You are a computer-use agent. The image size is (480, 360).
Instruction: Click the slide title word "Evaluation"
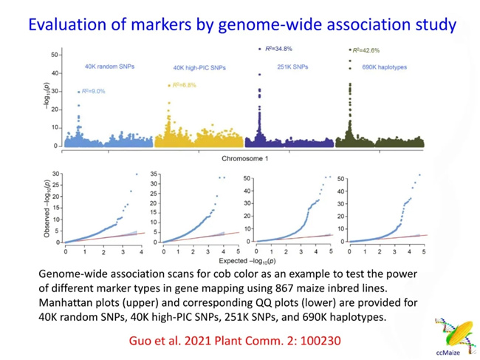(64, 24)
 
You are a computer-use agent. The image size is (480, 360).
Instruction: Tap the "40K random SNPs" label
(107, 67)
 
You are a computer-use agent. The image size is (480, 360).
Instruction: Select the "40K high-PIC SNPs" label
(199, 68)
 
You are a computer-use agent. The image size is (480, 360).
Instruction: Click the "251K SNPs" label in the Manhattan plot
(292, 67)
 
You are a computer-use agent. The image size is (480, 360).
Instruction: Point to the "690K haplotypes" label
(380, 67)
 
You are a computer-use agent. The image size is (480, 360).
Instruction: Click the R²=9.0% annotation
(93, 90)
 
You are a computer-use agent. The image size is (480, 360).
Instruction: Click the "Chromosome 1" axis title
(246, 159)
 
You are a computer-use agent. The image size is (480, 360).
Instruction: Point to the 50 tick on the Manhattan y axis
(54, 55)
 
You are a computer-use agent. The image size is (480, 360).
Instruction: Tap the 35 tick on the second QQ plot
(154, 174)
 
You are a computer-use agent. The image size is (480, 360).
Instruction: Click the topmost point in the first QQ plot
(136, 174)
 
